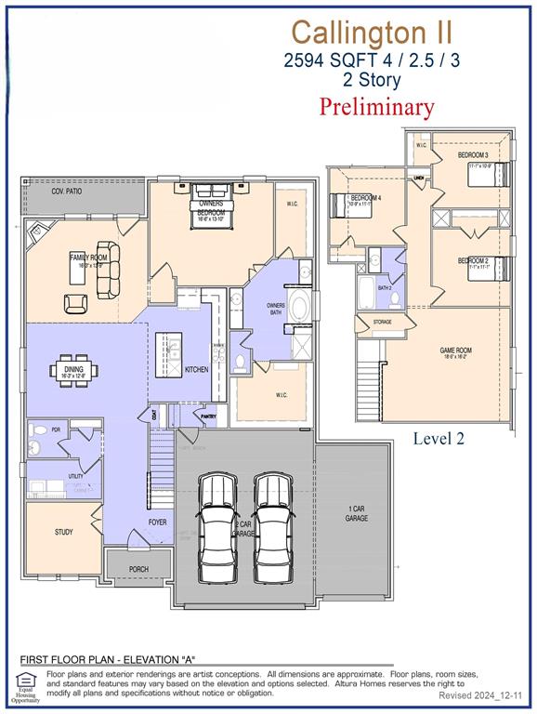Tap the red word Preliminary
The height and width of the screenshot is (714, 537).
coord(376,106)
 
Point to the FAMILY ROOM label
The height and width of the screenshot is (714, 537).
coord(88,257)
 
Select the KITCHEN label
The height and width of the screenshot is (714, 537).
coord(196,370)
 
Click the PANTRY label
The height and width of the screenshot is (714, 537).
coord(208,417)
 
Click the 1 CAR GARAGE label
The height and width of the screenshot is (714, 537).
coord(356,513)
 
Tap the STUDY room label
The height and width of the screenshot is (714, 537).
coord(64,533)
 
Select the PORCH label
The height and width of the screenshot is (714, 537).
coord(138,569)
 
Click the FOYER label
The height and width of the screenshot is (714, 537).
coord(158,522)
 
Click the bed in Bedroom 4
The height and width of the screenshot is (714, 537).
coord(341,204)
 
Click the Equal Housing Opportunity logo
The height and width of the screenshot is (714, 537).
coord(26,686)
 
